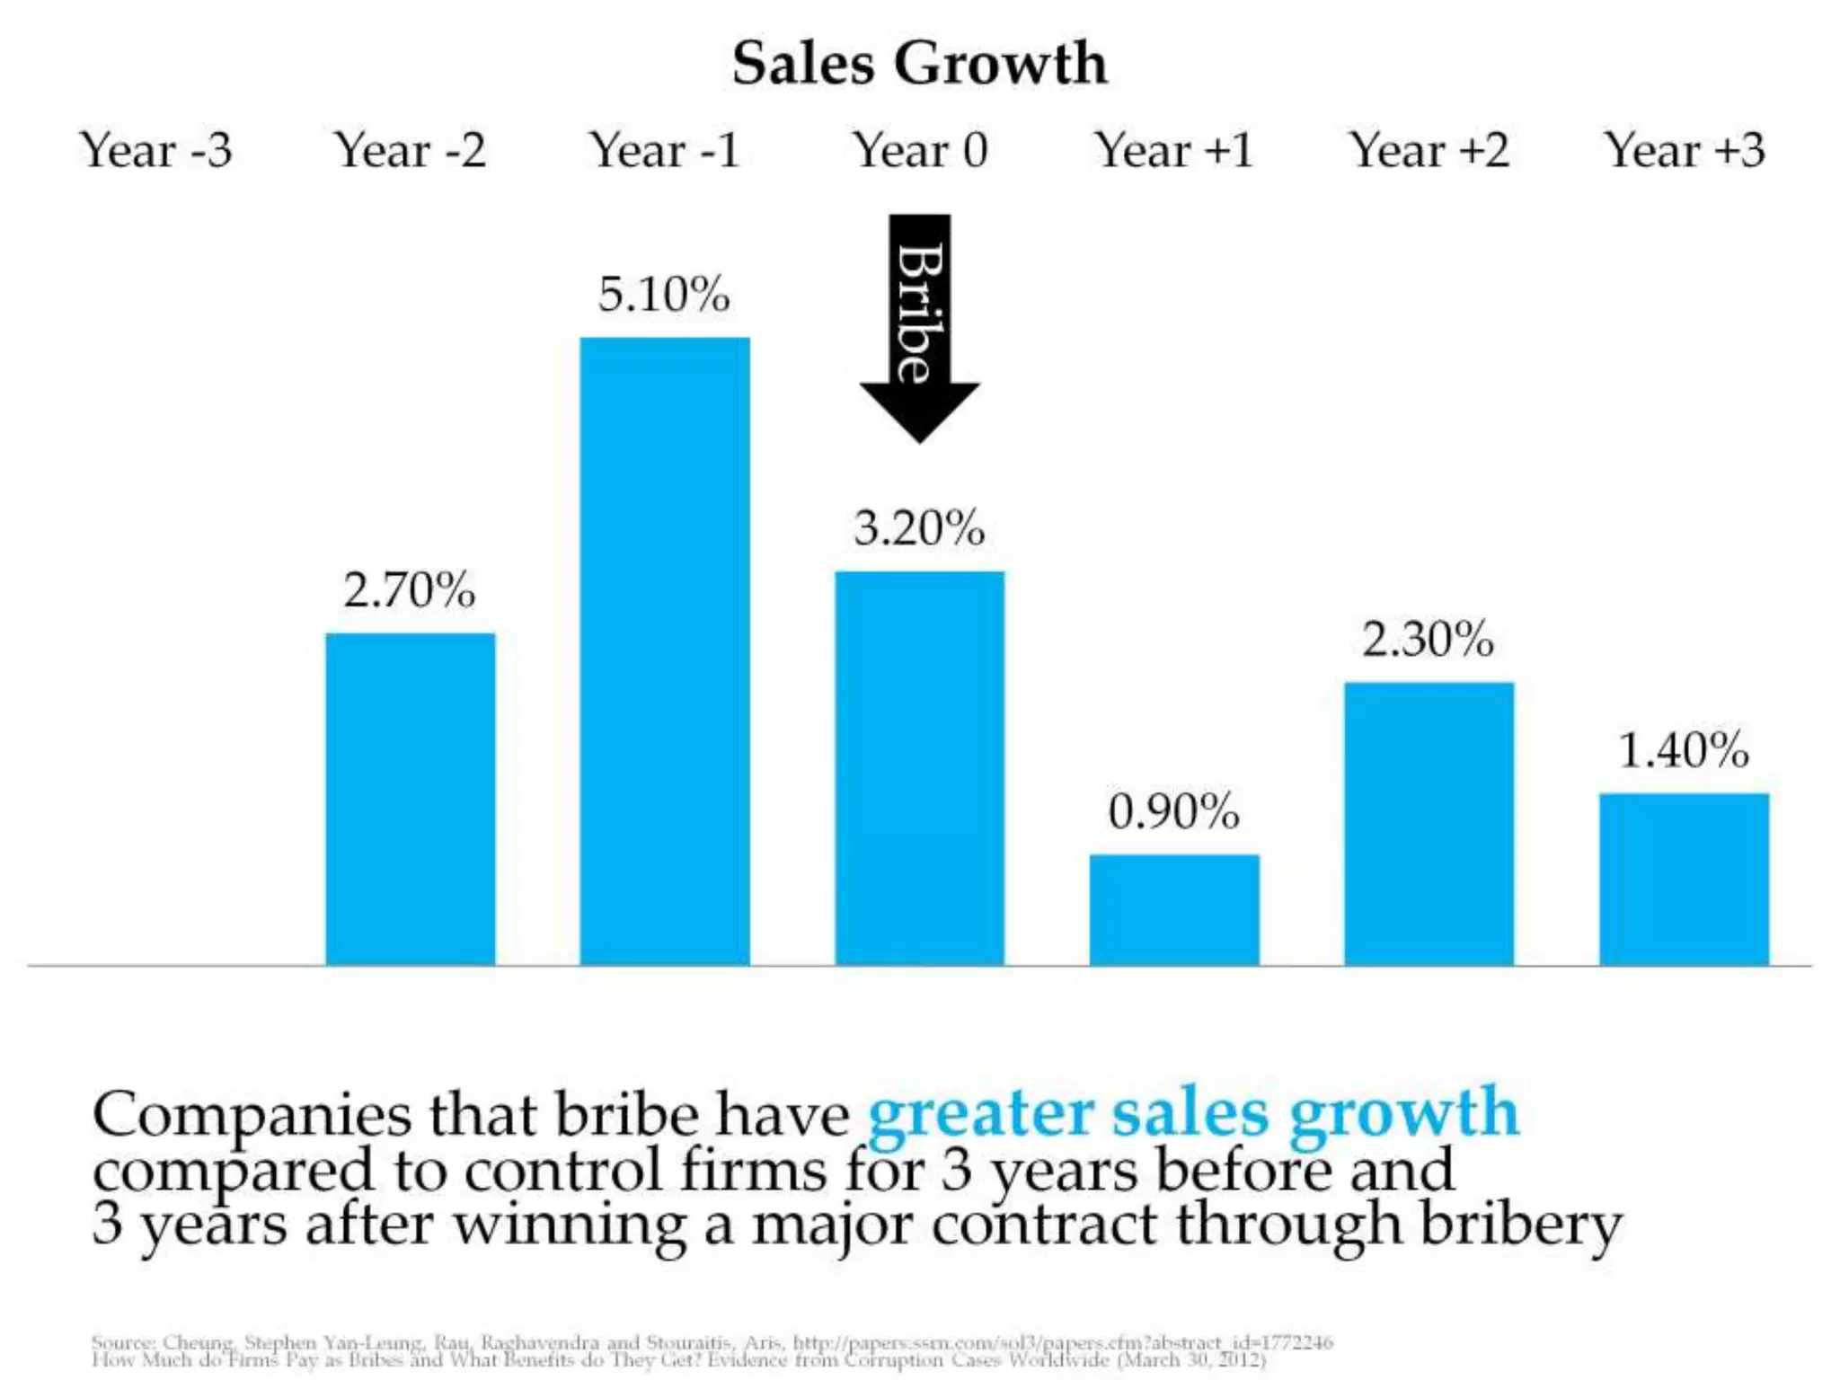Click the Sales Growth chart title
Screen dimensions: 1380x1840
[x=919, y=63]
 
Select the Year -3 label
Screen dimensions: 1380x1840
[x=155, y=149]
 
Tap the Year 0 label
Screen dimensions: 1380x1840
[x=920, y=149]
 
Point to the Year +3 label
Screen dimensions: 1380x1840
[x=1685, y=149]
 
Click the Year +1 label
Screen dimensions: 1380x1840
[x=1173, y=149]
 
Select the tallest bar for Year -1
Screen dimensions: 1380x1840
[x=665, y=651]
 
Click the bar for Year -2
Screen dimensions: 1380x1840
[x=410, y=800]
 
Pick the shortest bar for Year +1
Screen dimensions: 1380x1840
[x=1174, y=909]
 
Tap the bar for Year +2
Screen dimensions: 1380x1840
[x=1429, y=824]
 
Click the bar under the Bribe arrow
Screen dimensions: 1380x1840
[x=919, y=768]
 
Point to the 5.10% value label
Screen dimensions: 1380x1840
[x=664, y=295]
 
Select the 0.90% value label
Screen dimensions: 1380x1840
[x=1173, y=812]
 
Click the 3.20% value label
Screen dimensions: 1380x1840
[x=919, y=528]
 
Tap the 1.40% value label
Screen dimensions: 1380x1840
[x=1684, y=750]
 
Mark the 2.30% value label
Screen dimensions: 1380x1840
[x=1428, y=640]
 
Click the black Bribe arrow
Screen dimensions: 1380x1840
[x=919, y=323]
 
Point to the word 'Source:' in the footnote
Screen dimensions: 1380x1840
[x=122, y=1342]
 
